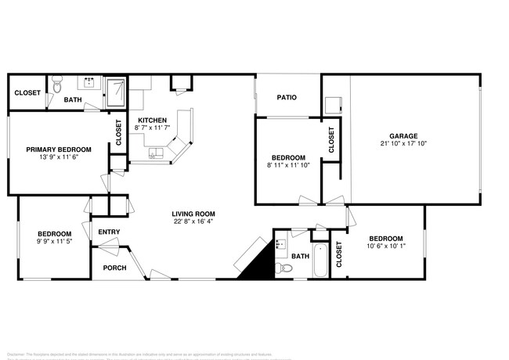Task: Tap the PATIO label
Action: [x=286, y=97]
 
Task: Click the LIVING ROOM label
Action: [x=194, y=214]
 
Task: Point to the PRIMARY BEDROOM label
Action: [x=59, y=149]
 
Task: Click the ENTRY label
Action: [x=109, y=232]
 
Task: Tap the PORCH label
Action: [x=114, y=268]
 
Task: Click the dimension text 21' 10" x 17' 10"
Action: [x=403, y=144]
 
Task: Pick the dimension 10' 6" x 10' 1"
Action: [x=386, y=247]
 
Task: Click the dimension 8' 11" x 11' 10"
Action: [x=289, y=164]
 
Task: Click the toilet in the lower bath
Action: [x=287, y=268]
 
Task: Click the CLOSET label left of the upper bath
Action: [x=27, y=92]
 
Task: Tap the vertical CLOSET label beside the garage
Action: [x=331, y=140]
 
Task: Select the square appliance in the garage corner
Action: [x=334, y=104]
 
